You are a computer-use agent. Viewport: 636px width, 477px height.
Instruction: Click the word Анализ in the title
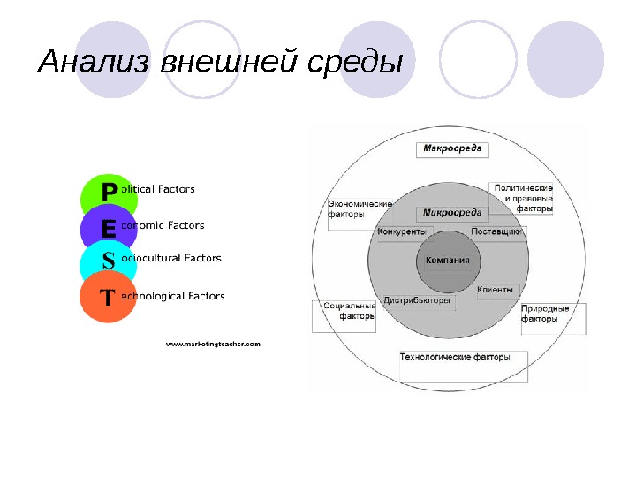pyautogui.click(x=94, y=63)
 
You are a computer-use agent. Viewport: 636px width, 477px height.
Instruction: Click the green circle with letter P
pyautogui.click(x=109, y=193)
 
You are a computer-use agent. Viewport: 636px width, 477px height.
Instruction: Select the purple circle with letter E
pyautogui.click(x=108, y=229)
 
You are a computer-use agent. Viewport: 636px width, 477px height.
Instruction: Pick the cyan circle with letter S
pyautogui.click(x=108, y=262)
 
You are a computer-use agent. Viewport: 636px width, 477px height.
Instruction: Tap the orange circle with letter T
pyautogui.click(x=107, y=298)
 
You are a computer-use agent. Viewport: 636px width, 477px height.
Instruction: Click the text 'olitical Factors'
pyautogui.click(x=158, y=189)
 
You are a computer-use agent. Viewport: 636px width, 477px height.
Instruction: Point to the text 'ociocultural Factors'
pyautogui.click(x=170, y=258)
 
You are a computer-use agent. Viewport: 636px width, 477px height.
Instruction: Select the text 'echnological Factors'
pyautogui.click(x=172, y=297)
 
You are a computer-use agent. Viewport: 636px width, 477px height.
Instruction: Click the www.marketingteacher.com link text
pyautogui.click(x=214, y=344)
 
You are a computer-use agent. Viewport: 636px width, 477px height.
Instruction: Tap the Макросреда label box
pyautogui.click(x=451, y=148)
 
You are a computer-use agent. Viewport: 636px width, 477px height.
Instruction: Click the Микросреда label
pyautogui.click(x=452, y=213)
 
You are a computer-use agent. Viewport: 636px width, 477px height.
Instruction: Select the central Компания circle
pyautogui.click(x=447, y=261)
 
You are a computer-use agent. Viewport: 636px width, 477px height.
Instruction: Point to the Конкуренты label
pyautogui.click(x=407, y=232)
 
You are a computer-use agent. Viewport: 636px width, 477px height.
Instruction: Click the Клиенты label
pyautogui.click(x=496, y=290)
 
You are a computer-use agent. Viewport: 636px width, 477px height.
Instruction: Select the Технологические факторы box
pyautogui.click(x=455, y=359)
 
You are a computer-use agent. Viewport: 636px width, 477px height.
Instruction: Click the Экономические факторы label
pyautogui.click(x=359, y=209)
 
